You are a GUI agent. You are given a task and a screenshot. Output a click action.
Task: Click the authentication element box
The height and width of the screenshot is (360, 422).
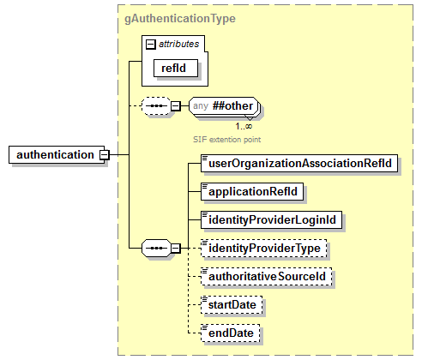(55, 154)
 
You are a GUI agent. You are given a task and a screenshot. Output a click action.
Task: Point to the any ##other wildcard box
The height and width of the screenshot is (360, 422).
(225, 105)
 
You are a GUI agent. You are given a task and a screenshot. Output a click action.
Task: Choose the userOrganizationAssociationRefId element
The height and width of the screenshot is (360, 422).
(299, 162)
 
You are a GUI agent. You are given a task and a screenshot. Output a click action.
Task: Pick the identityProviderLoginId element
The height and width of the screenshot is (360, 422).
(271, 219)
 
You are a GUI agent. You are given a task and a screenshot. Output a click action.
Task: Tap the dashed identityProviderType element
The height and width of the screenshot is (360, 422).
(265, 249)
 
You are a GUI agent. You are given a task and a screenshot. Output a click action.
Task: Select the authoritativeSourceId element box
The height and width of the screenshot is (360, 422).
(266, 277)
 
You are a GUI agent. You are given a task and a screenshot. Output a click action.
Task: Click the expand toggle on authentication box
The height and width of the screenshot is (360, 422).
(105, 154)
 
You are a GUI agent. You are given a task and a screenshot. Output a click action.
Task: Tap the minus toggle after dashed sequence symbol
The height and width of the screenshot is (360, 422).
(175, 105)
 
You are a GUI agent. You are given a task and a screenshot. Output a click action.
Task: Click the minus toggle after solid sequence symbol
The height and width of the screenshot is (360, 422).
(175, 248)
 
